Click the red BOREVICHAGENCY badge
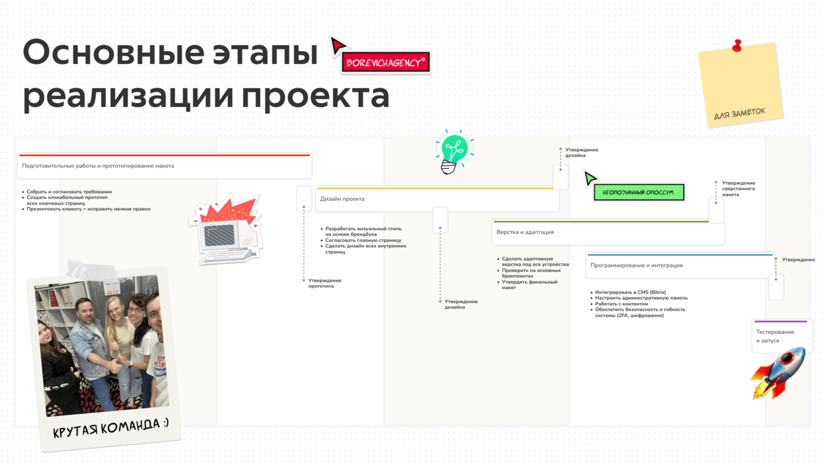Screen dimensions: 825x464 [x=385, y=62]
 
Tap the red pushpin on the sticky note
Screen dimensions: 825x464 [x=737, y=46]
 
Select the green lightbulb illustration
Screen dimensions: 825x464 [x=454, y=152]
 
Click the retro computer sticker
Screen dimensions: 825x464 [x=226, y=229]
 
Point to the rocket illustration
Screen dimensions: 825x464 [x=779, y=374]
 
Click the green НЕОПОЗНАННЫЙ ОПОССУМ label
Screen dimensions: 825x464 [x=639, y=192]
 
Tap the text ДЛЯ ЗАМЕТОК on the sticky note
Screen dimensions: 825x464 [x=739, y=113]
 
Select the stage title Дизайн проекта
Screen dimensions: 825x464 [x=342, y=199]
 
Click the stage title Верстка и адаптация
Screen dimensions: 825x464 [x=525, y=232]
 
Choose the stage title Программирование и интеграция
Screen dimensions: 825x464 [x=637, y=265]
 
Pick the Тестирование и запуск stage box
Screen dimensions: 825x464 [x=781, y=336]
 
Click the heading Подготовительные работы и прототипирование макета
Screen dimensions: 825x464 [x=98, y=166]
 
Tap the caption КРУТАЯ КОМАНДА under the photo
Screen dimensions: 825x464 [x=111, y=427]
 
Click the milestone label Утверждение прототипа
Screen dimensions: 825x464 [x=324, y=283]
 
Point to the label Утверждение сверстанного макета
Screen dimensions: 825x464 [x=738, y=188]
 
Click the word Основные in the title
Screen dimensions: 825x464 [x=113, y=53]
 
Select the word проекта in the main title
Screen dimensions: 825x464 [x=316, y=97]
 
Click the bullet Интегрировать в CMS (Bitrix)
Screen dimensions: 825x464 [x=630, y=292]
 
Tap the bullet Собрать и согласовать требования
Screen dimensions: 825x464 [x=69, y=191]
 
